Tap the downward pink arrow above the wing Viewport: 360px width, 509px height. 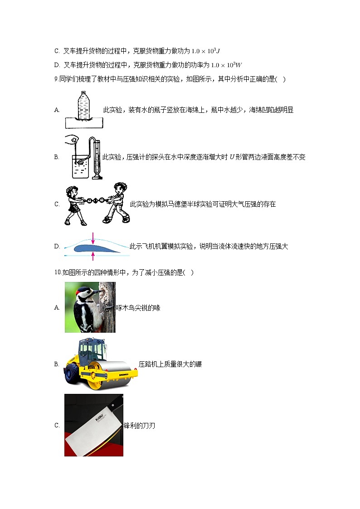click(x=93, y=237)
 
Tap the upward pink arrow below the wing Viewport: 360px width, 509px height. click(x=93, y=256)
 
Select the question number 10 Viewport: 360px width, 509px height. click(x=57, y=272)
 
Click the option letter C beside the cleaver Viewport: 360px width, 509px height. click(x=57, y=425)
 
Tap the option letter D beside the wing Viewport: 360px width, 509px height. click(x=57, y=247)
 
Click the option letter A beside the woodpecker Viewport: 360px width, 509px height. click(x=57, y=308)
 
